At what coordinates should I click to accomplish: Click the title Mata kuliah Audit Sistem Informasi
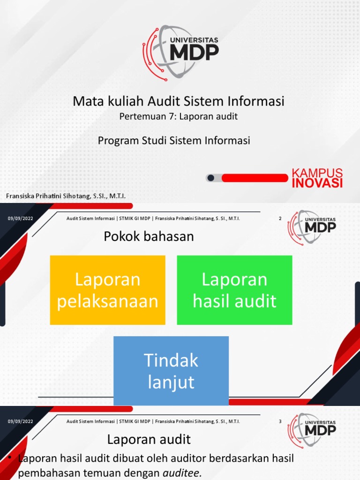click(179, 101)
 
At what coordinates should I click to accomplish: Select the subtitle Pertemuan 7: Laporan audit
click(179, 116)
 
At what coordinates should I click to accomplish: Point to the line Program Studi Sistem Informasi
click(174, 140)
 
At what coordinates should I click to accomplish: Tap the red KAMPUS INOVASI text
click(317, 178)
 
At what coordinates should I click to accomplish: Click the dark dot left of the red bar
click(211, 178)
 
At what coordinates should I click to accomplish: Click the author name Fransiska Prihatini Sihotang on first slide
click(65, 195)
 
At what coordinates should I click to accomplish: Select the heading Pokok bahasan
click(149, 237)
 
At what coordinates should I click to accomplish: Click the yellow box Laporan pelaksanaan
click(108, 290)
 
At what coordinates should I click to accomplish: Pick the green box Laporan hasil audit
click(234, 290)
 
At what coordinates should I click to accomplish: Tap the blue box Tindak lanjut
click(171, 371)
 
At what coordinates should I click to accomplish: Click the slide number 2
click(280, 218)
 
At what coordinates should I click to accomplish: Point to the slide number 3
click(280, 421)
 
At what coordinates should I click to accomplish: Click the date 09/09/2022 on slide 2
click(21, 218)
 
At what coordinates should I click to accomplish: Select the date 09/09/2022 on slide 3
click(21, 421)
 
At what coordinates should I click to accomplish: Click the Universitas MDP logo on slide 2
click(312, 227)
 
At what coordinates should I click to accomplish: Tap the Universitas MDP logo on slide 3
click(312, 430)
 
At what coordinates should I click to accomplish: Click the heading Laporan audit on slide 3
click(149, 440)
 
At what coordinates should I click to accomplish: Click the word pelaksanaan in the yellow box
click(108, 301)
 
